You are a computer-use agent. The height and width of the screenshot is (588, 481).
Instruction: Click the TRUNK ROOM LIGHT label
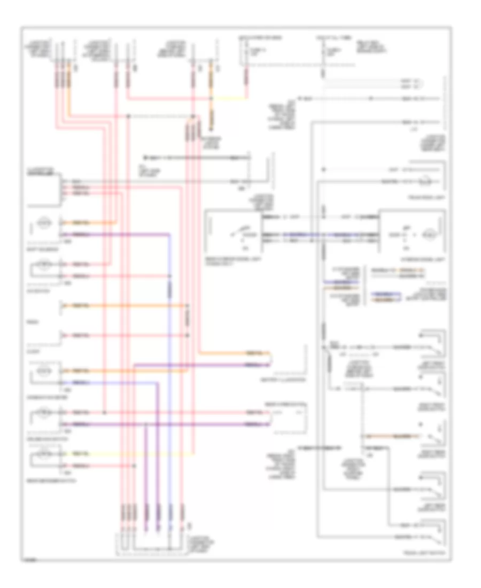pyautogui.click(x=426, y=198)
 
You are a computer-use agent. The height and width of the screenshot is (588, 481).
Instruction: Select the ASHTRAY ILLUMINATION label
pyautogui.click(x=289, y=381)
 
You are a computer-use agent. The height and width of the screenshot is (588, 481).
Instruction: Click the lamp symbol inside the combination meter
pyautogui.click(x=45, y=370)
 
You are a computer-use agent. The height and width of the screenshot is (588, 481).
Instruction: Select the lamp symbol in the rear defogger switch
pyautogui.click(x=45, y=456)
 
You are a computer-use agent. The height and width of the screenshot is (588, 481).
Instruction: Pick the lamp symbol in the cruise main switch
pyautogui.click(x=45, y=412)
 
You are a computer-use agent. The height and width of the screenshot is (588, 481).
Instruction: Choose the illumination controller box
pyautogui.click(x=45, y=190)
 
